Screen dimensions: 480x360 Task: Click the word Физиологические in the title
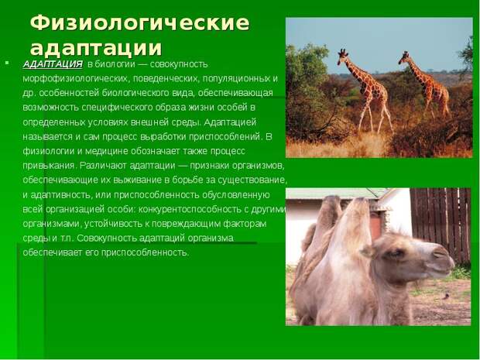point(140,23)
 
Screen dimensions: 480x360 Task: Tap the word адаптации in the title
point(96,48)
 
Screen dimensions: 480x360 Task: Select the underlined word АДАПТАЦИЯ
point(53,64)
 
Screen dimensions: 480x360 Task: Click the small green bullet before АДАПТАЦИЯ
point(7,63)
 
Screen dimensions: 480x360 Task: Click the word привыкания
point(49,166)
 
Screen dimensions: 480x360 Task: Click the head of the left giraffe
point(342,56)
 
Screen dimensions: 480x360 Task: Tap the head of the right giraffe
point(404,57)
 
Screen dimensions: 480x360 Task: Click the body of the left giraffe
point(372,88)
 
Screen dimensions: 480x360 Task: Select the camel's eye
point(396,253)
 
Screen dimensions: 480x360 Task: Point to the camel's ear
point(367,251)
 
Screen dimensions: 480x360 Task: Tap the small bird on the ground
point(447,296)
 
